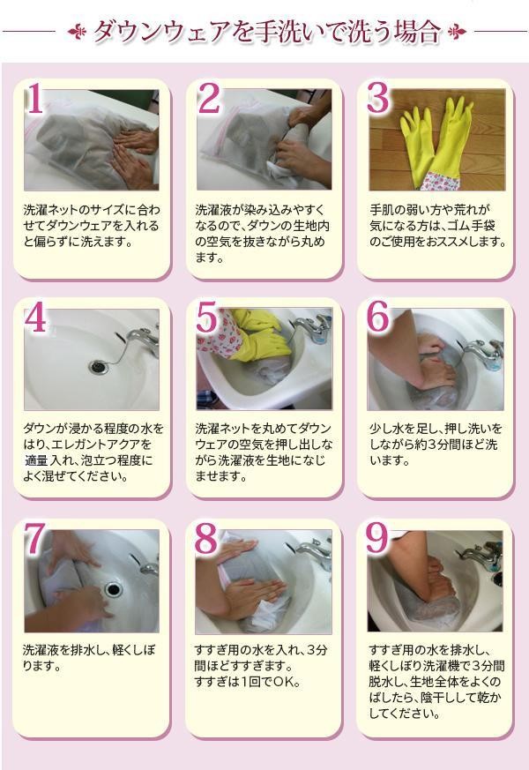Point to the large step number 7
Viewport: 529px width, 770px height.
pos(35,539)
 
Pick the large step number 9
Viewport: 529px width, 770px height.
pos(377,539)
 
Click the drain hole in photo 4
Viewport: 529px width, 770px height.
pos(99,366)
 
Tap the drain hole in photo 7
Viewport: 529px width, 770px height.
pos(114,589)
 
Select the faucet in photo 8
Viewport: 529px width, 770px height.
pos(315,551)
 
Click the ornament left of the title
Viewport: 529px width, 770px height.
pos(77,32)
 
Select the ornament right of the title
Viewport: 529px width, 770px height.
pos(456,32)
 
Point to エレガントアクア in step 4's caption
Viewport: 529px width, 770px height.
pos(93,445)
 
